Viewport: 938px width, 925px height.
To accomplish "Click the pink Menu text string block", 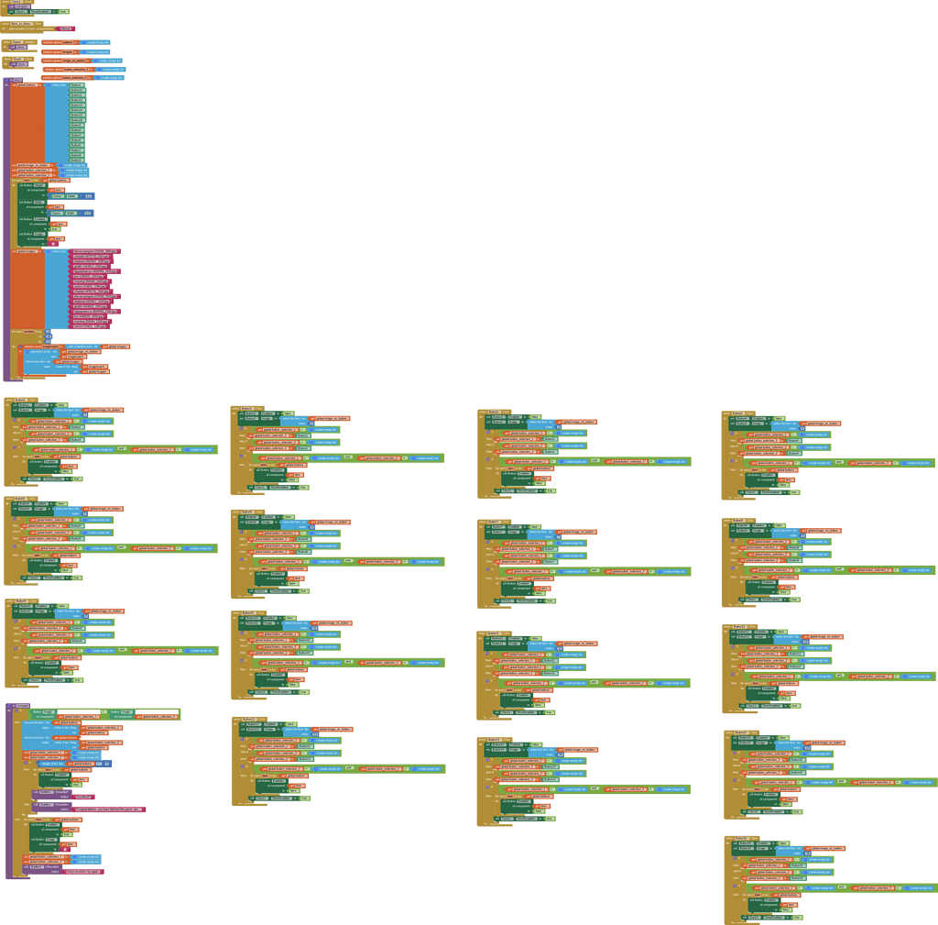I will tap(65, 29).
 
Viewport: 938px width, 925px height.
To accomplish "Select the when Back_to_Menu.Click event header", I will tap(22, 23).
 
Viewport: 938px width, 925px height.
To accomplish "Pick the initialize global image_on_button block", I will tap(64, 61).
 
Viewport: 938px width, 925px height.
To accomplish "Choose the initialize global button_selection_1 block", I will tap(67, 69).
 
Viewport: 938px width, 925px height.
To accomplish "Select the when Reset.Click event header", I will tap(17, 59).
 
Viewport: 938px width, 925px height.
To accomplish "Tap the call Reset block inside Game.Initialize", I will tap(20, 47).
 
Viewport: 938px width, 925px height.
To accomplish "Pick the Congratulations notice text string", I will tap(109, 809).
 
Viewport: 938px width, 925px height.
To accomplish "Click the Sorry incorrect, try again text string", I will tap(83, 871).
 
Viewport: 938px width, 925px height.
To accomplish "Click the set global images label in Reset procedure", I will tap(27, 250).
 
